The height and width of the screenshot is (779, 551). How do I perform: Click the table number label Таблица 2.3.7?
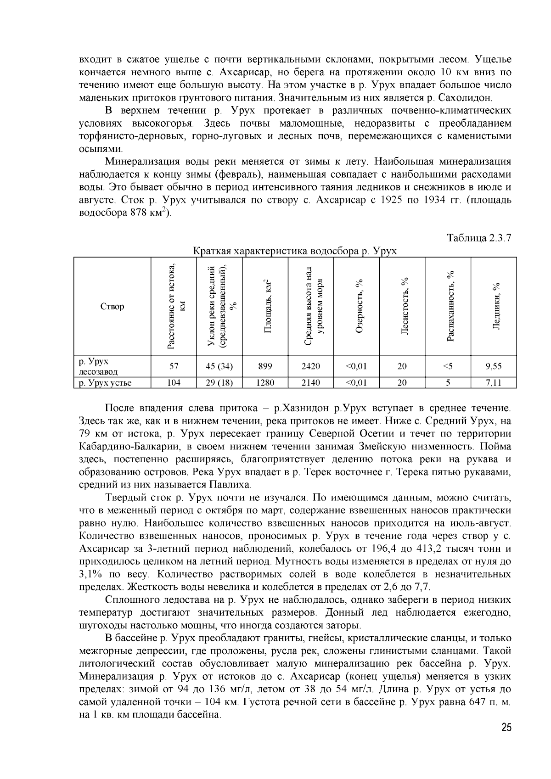pyautogui.click(x=479, y=238)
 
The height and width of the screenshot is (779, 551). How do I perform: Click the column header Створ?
pyautogui.click(x=112, y=306)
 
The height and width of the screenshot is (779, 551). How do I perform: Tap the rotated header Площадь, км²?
pyautogui.click(x=266, y=306)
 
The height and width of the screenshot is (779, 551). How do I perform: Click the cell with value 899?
pyautogui.click(x=265, y=366)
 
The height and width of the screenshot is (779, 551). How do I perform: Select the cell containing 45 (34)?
pyautogui.click(x=219, y=366)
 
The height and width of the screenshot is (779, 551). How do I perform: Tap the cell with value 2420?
pyautogui.click(x=310, y=366)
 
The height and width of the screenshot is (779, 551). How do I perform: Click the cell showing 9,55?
pyautogui.click(x=494, y=366)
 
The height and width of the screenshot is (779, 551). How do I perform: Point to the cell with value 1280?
pyautogui.click(x=265, y=382)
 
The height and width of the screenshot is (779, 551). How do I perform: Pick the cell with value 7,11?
pyautogui.click(x=494, y=382)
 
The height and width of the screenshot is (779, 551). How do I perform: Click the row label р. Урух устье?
pyautogui.click(x=105, y=382)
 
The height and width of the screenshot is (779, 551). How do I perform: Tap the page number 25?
pyautogui.click(x=506, y=727)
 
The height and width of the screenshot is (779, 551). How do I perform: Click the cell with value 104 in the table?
pyautogui.click(x=174, y=382)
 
